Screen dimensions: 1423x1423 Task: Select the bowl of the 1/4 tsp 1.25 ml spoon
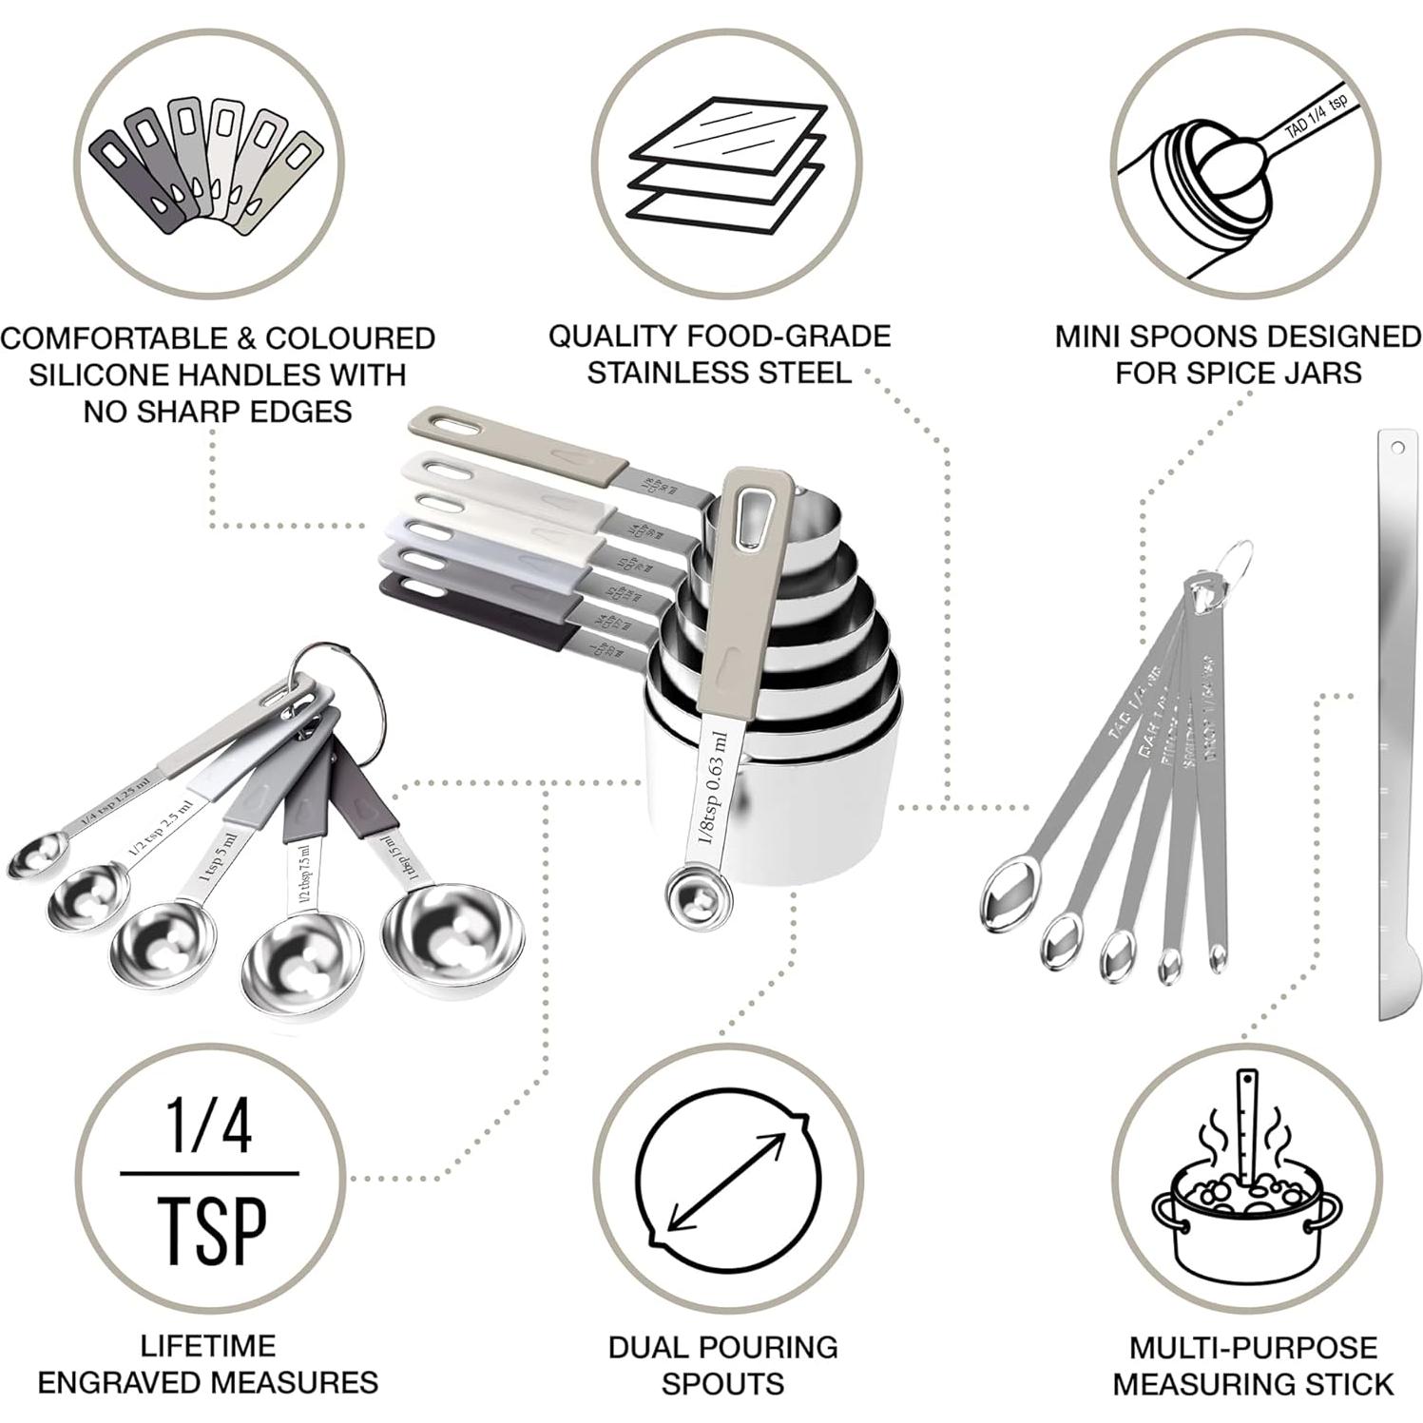click(x=35, y=856)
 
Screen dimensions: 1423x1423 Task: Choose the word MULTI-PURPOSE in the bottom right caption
click(x=1254, y=1347)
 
